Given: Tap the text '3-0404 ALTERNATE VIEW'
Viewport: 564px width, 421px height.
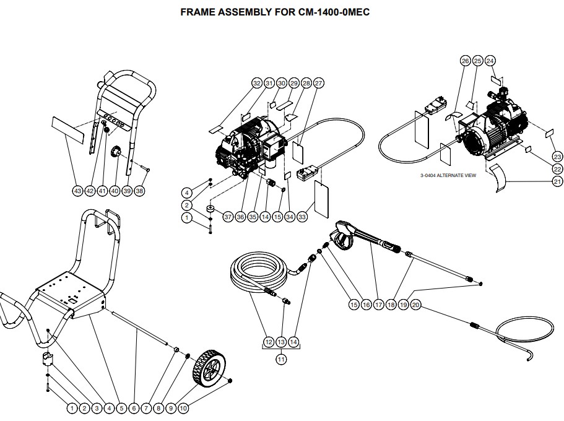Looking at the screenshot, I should pos(448,176).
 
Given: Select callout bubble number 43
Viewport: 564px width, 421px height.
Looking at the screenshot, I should pos(77,191).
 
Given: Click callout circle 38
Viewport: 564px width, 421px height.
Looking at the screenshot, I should pos(139,191).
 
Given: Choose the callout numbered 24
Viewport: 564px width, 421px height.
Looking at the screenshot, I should pos(490,61).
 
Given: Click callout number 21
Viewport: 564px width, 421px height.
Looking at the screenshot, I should pos(558,181).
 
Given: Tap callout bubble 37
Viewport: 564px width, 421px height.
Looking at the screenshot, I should pos(228,217).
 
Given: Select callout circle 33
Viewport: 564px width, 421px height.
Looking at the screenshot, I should pos(302,217).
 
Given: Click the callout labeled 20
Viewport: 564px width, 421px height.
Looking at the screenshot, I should pos(416,305).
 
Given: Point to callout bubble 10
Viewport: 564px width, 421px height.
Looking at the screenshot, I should pos(183,408).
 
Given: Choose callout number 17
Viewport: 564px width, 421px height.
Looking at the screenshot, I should pos(378,305).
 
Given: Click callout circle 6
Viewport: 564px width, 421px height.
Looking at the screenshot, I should pos(134,408).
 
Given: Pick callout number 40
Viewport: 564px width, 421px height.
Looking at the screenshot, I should pos(115,191).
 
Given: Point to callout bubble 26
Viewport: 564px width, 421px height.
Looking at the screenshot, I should pos(466,61).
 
